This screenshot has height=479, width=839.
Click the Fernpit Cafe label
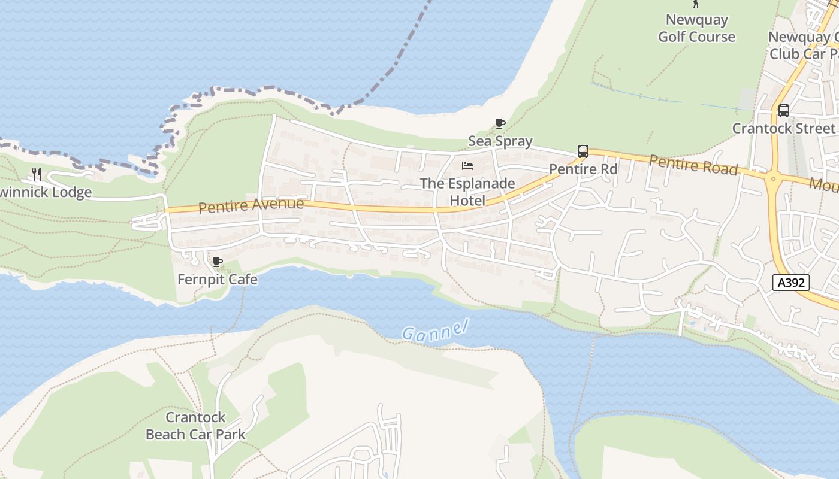[x=218, y=280]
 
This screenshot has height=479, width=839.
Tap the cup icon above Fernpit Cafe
[x=218, y=262]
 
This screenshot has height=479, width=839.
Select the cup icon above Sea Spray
[x=500, y=124]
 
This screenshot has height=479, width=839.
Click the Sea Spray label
[x=500, y=141]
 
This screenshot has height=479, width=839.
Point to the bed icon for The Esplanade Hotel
[x=467, y=166]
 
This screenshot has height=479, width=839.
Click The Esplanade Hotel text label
[x=467, y=192]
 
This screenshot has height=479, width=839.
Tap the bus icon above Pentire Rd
[x=583, y=151]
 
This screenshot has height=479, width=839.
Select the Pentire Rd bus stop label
[x=583, y=169]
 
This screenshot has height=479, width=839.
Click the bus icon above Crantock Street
[x=783, y=111]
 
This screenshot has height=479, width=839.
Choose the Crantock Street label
[x=783, y=128]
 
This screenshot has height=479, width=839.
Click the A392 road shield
[x=791, y=283]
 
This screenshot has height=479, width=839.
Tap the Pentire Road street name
[x=693, y=164]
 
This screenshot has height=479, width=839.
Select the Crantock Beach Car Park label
[x=195, y=426]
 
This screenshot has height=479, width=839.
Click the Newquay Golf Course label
[x=696, y=28]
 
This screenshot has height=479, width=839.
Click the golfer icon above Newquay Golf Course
[x=696, y=4]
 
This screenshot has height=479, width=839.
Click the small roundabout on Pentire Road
[x=773, y=178]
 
